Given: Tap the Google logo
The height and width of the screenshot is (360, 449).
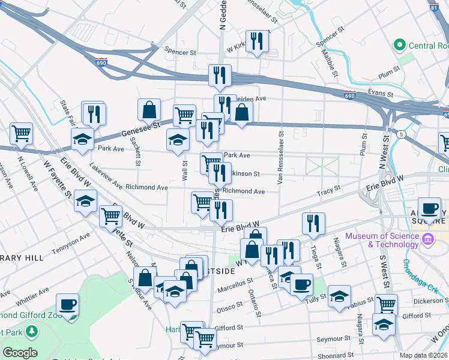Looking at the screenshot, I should tap(20, 353).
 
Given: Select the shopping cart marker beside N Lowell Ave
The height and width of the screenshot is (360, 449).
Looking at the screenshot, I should tap(22, 134).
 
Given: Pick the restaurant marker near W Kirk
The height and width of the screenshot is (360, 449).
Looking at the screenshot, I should tap(257, 41).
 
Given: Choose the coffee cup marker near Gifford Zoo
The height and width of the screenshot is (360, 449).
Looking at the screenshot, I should tap(68, 304).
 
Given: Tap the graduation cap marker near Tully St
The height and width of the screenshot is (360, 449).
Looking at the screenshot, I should tap(339, 298).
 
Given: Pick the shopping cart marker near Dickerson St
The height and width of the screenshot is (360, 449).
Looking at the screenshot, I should tap(386, 305).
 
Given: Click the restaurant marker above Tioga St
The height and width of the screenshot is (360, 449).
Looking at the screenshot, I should tap(313, 223).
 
